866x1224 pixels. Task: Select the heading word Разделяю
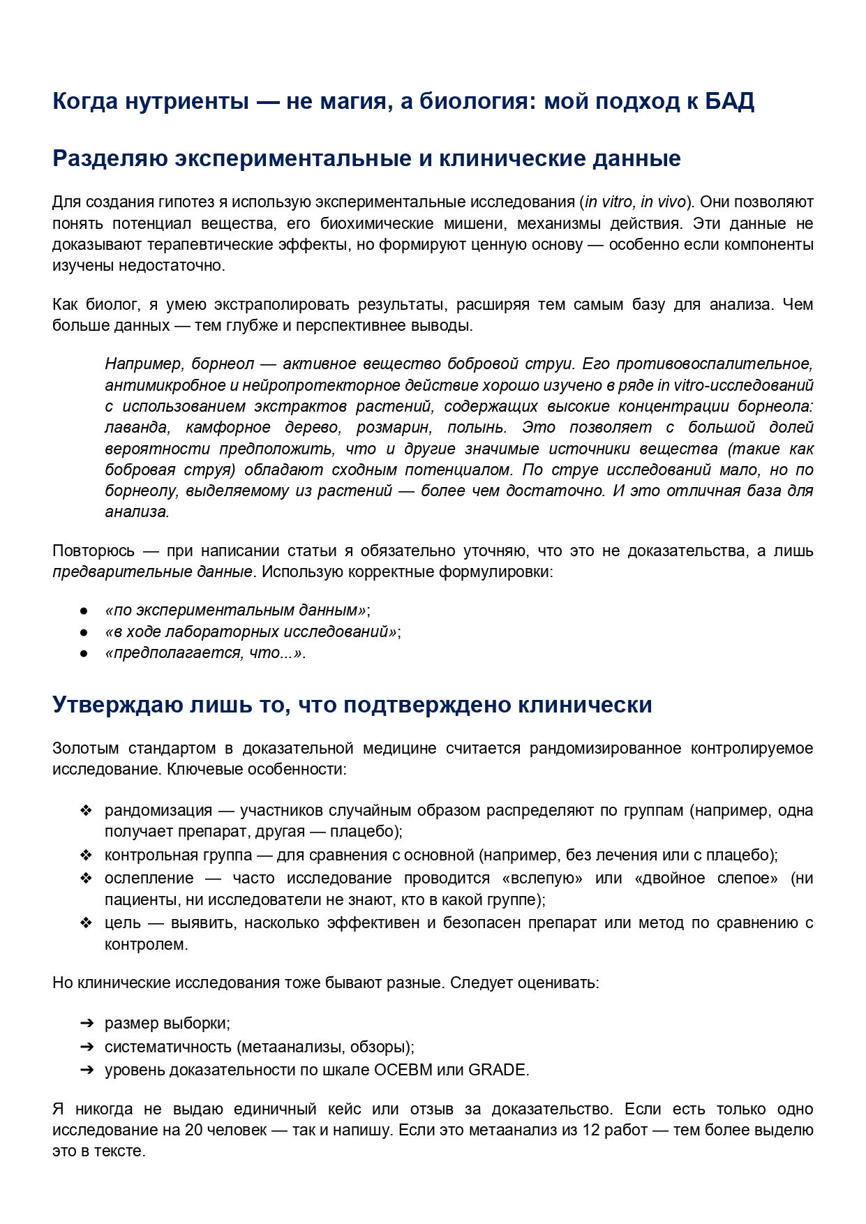tap(110, 158)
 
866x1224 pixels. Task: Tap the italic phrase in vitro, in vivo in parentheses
tap(635, 202)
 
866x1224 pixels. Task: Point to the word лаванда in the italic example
tap(137, 428)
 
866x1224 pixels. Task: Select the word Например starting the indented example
tap(143, 364)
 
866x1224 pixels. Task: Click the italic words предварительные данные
tap(152, 572)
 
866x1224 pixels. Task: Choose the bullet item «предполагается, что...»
tap(205, 654)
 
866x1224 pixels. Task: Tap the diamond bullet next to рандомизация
tap(86, 811)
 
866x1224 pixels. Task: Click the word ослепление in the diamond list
tap(149, 879)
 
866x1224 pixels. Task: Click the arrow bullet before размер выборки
tap(87, 1024)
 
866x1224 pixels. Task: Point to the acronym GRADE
tap(498, 1070)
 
